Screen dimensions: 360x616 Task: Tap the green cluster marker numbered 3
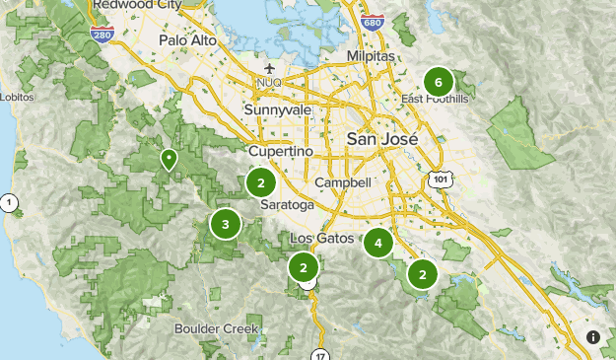point(225,224)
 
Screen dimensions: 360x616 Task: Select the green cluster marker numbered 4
point(377,242)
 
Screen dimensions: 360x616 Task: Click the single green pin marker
point(170,158)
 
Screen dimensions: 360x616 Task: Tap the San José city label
point(380,140)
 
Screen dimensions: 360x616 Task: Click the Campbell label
point(343,182)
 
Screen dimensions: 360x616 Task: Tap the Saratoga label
point(288,205)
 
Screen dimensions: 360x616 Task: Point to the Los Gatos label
point(322,239)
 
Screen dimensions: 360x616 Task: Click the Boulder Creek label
point(216,328)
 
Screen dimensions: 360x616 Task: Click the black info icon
point(592,336)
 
